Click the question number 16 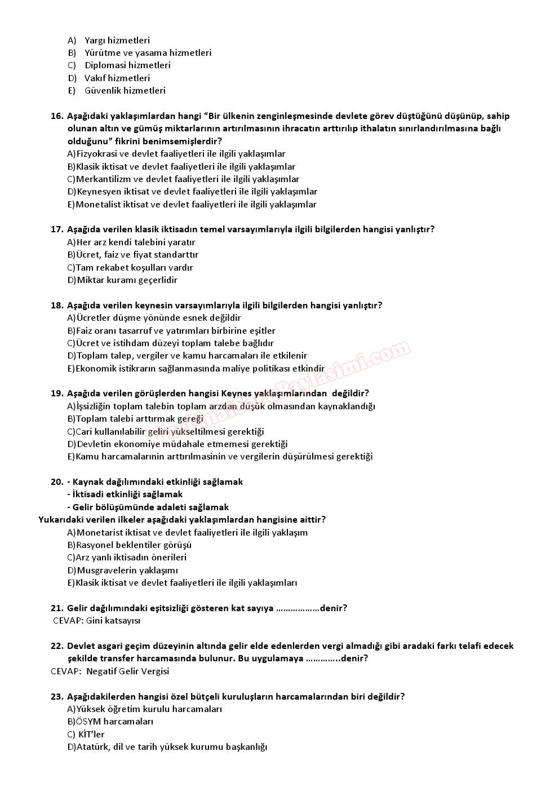point(56,116)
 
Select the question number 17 point(56,229)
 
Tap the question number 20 point(56,482)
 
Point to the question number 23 point(56,697)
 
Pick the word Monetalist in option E point(96,205)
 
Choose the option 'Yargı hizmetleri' point(117,41)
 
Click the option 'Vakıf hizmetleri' point(117,78)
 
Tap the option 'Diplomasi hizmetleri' point(127,65)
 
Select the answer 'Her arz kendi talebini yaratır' point(136,242)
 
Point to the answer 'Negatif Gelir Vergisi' point(127,671)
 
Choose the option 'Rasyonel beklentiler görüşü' point(134,545)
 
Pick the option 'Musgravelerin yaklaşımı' point(127,571)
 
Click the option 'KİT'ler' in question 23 point(92,735)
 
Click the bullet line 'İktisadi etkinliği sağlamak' point(128,494)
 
